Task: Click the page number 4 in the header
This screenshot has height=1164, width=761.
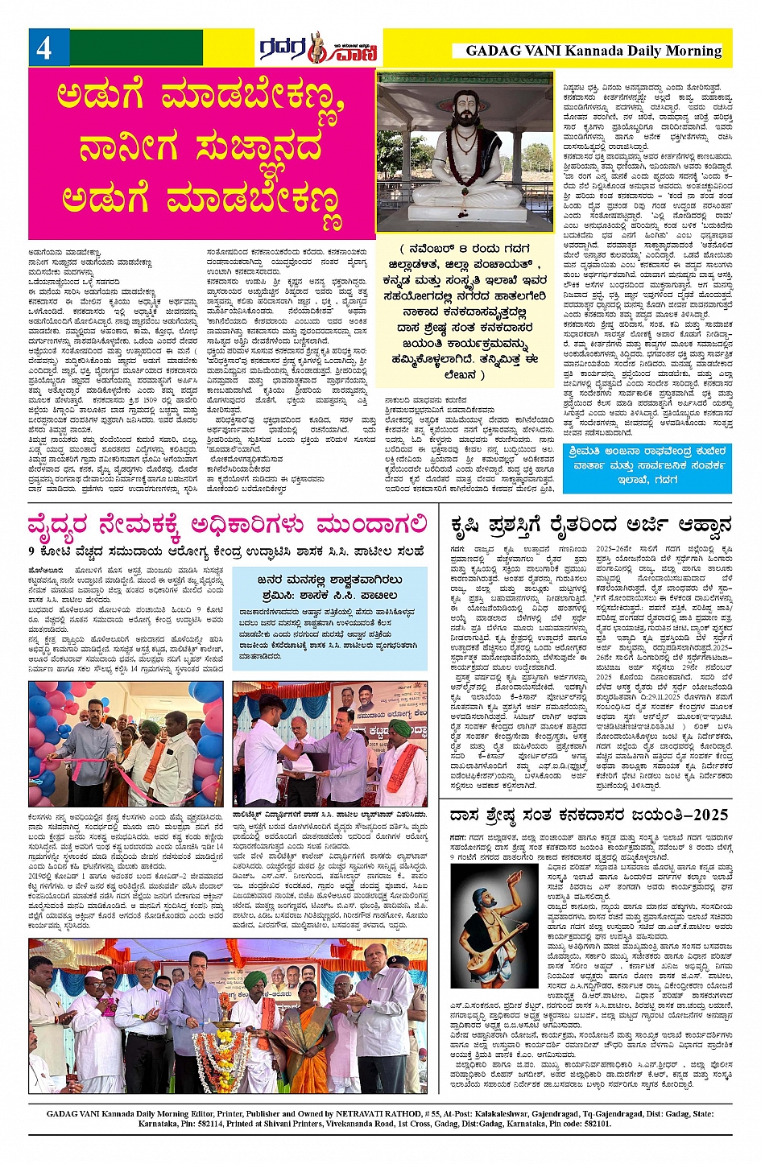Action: tap(43, 48)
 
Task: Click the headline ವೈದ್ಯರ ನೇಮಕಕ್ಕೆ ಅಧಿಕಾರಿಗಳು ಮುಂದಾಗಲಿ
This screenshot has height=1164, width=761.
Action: tap(229, 526)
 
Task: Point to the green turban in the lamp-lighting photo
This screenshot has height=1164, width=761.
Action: tap(255, 980)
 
